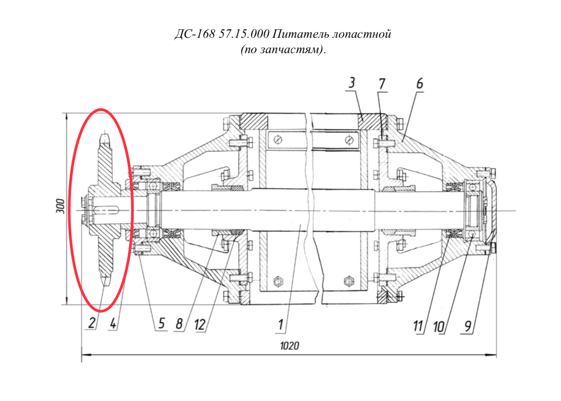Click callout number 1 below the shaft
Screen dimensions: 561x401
(x=281, y=325)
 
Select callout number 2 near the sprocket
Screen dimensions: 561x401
(x=91, y=323)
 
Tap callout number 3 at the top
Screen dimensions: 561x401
(x=352, y=83)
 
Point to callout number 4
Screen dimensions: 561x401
(x=113, y=323)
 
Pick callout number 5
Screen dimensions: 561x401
(x=161, y=323)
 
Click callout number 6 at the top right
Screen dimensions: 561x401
(x=419, y=83)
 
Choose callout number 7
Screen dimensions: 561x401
(x=382, y=84)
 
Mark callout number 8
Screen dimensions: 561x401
(x=179, y=324)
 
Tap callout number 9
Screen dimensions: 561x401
(x=467, y=326)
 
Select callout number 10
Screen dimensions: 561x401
(x=439, y=327)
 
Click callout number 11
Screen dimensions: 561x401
(x=418, y=326)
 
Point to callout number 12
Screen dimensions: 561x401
(x=200, y=325)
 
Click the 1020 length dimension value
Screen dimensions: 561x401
(x=289, y=346)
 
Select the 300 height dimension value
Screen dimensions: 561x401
(x=60, y=206)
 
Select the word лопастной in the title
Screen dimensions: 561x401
(x=362, y=34)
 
